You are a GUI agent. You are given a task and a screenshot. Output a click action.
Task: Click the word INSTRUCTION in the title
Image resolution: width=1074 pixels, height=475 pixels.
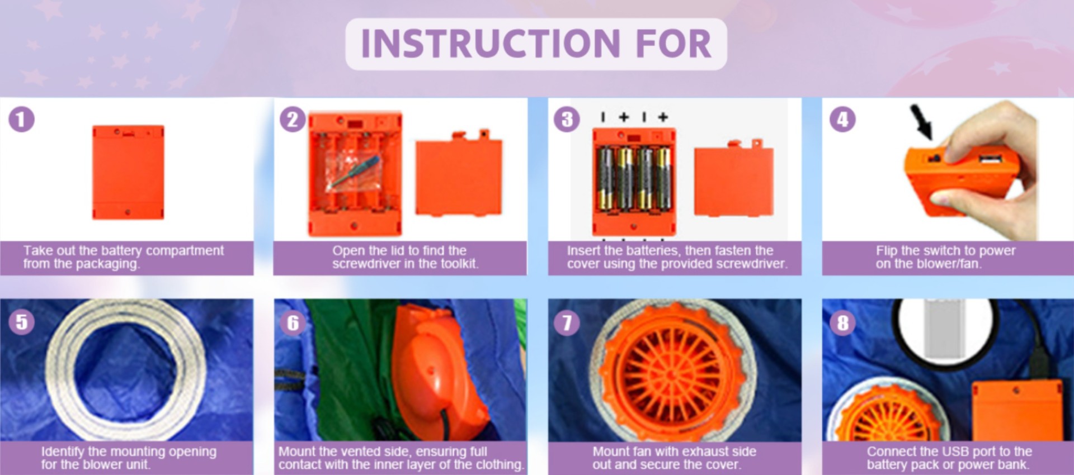(x=491, y=44)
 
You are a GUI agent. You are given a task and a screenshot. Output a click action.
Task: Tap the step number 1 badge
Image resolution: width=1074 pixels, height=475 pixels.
(x=21, y=119)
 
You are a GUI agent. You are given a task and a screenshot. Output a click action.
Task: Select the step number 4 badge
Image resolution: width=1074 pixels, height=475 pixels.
(x=842, y=119)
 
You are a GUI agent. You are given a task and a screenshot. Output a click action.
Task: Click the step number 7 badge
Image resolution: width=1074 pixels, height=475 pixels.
(x=567, y=322)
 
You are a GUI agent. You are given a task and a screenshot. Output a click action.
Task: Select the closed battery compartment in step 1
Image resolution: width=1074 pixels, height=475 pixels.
(x=128, y=172)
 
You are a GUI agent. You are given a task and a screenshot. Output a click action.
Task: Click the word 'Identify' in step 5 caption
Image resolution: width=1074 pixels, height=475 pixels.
(x=63, y=452)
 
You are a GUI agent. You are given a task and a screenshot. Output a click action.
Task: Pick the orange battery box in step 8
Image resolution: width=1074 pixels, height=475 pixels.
(x=1017, y=410)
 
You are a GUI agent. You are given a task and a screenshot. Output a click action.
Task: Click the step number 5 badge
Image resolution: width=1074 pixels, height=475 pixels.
(x=21, y=322)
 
